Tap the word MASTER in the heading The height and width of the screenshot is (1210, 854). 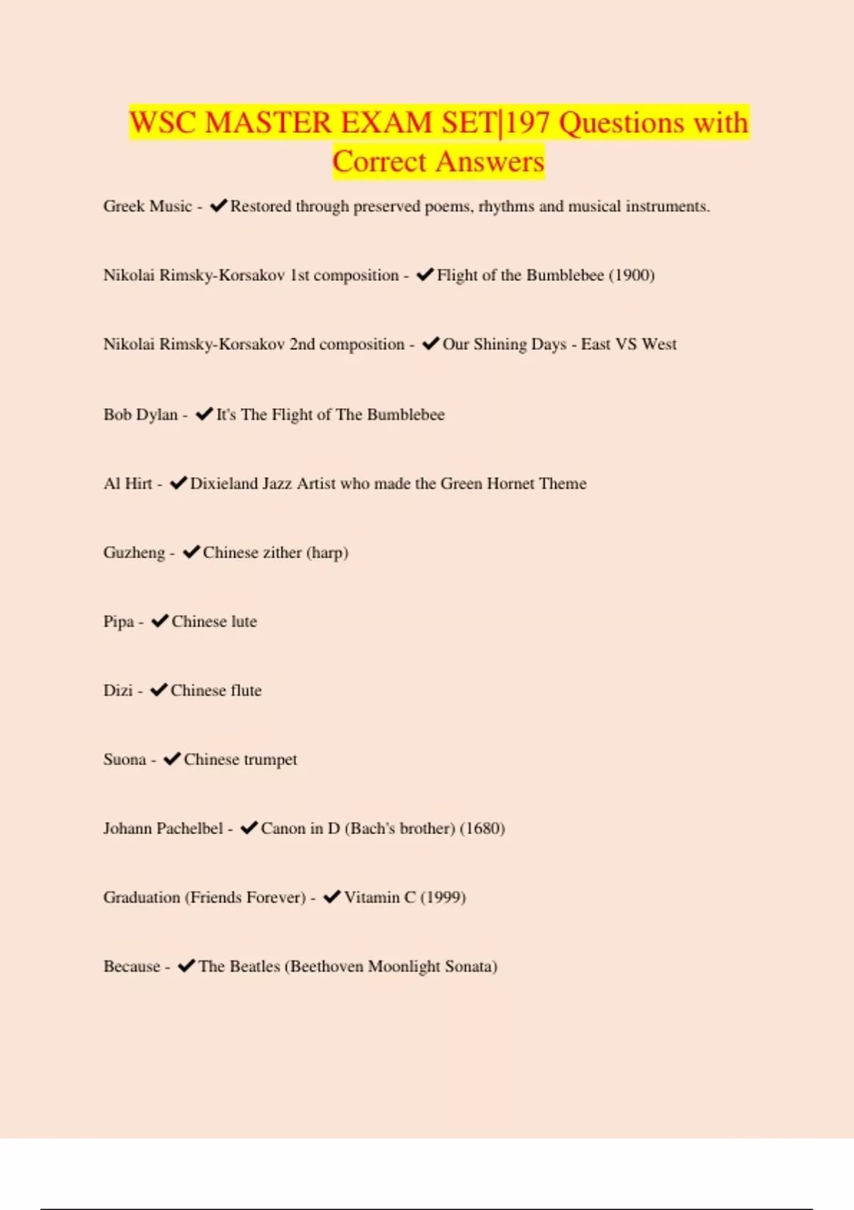pyautogui.click(x=268, y=123)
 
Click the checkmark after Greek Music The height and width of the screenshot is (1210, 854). pyautogui.click(x=218, y=206)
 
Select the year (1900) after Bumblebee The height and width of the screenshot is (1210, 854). pyautogui.click(x=631, y=275)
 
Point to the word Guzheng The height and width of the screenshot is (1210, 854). pyautogui.click(x=134, y=553)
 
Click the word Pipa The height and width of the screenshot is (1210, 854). pyautogui.click(x=118, y=622)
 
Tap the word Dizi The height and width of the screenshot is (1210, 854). pyautogui.click(x=118, y=690)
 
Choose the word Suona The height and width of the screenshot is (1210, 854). pyautogui.click(x=125, y=759)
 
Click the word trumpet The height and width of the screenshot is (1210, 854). pyautogui.click(x=270, y=760)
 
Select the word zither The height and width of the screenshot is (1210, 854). pyautogui.click(x=277, y=553)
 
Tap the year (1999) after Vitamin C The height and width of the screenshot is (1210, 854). pyautogui.click(x=443, y=898)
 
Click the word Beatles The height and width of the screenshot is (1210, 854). pyautogui.click(x=255, y=967)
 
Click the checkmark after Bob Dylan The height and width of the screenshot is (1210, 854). pyautogui.click(x=204, y=414)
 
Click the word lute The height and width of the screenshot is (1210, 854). pyautogui.click(x=243, y=622)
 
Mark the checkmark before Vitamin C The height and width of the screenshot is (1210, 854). pyautogui.click(x=332, y=897)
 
